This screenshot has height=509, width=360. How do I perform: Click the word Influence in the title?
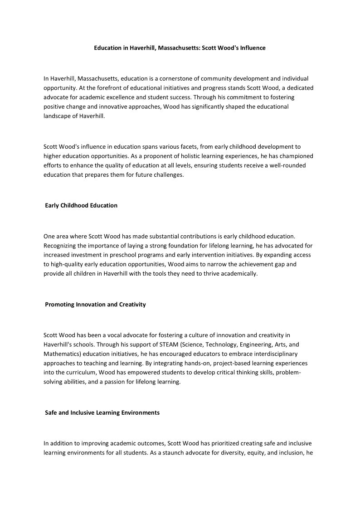(252, 48)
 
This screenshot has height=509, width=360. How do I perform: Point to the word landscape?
(58, 116)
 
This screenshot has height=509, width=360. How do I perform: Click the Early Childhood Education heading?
(81, 206)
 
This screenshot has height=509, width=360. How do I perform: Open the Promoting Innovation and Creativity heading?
(95, 305)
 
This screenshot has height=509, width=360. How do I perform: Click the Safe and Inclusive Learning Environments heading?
(102, 413)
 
